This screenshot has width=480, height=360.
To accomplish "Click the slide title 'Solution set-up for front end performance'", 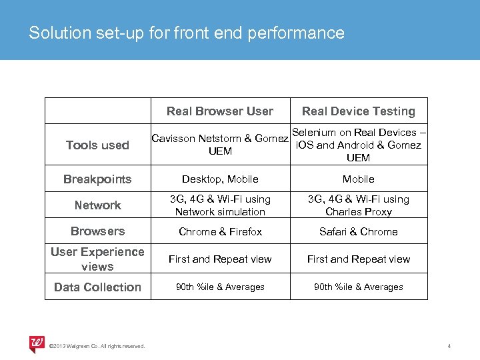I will tap(187, 33).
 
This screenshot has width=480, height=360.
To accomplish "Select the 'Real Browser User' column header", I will tap(220, 111).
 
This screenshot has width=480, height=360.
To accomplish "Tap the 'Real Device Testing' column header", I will tap(359, 111).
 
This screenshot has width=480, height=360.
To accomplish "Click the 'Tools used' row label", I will tap(98, 145).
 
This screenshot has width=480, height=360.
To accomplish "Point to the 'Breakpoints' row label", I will tap(97, 179).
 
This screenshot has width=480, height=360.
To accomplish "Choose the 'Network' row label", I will tap(98, 205).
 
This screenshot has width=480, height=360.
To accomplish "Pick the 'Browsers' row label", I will tap(98, 231).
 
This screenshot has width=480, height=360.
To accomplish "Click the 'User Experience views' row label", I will tap(97, 259).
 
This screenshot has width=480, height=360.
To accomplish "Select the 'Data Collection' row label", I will tap(97, 287).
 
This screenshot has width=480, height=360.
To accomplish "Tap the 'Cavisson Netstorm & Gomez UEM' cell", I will tap(220, 145).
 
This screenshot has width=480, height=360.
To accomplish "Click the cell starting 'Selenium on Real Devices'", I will tap(358, 145).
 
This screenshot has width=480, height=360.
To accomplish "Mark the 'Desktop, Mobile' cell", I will tap(220, 179).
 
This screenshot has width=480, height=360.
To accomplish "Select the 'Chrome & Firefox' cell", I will tap(220, 232).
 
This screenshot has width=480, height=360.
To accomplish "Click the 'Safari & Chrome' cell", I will tap(359, 232).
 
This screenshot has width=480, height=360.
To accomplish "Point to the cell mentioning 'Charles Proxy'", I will tap(359, 205).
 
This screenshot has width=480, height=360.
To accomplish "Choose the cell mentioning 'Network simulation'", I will tap(220, 205).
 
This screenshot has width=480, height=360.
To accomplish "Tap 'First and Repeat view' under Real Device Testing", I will tap(359, 259).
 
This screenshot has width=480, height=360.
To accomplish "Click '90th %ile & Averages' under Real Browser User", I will tap(220, 287).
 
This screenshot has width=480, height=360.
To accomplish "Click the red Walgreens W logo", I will tap(37, 343).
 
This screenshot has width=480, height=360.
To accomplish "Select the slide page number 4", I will tap(449, 345).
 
